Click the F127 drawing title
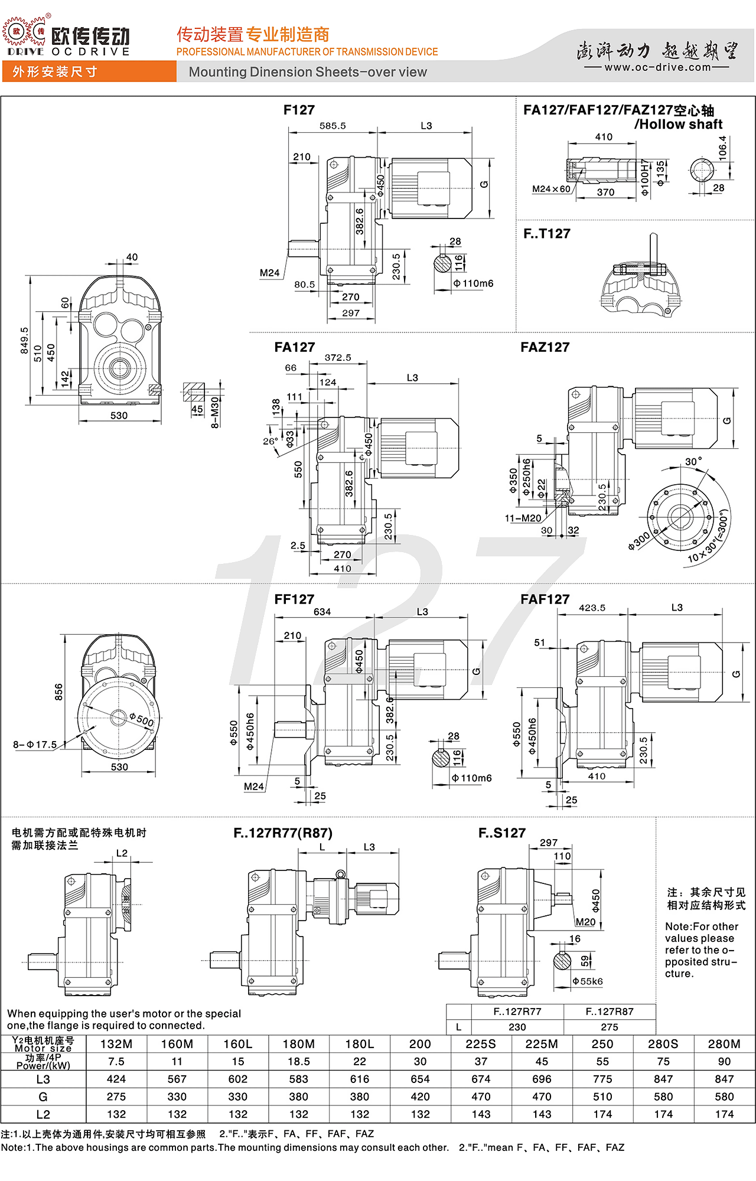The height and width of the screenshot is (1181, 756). click(x=299, y=110)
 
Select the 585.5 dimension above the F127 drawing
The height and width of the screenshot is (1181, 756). click(x=333, y=126)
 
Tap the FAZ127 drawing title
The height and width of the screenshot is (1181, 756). click(x=545, y=347)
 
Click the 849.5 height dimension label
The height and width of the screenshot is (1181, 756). click(x=24, y=341)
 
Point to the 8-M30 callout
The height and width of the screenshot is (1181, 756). click(x=215, y=412)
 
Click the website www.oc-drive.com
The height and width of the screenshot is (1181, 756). click(x=657, y=67)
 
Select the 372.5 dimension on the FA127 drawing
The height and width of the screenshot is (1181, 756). click(x=338, y=358)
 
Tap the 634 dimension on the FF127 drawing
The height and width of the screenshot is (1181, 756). click(x=322, y=612)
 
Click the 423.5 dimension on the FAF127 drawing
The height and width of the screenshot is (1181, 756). click(x=592, y=608)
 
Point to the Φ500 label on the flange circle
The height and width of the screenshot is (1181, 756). click(x=142, y=720)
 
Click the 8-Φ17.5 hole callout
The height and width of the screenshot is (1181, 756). click(x=35, y=745)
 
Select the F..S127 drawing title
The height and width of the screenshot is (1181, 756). click(x=501, y=833)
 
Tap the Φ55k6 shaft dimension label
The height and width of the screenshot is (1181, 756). click(x=588, y=981)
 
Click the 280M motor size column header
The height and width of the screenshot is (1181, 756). click(x=724, y=1044)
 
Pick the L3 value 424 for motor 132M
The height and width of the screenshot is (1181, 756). click(x=116, y=1079)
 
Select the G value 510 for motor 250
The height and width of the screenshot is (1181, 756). click(x=602, y=1097)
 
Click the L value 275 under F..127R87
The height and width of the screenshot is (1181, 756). click(x=610, y=1027)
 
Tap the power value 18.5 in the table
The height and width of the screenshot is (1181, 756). click(x=299, y=1062)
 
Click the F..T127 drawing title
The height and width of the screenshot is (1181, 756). click(x=546, y=234)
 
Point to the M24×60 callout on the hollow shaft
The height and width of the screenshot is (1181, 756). click(x=551, y=189)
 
